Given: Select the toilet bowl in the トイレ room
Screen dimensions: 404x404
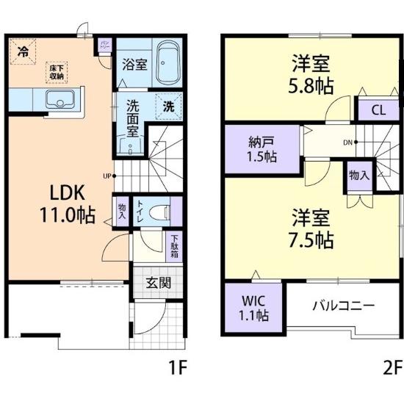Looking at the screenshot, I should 157,211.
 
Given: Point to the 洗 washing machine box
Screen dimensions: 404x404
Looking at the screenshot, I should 168,106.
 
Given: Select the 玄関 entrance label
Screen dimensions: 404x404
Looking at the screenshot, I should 156,283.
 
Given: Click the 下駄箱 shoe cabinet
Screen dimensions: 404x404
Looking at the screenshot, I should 174,245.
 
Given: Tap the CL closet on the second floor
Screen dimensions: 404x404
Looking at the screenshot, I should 378,112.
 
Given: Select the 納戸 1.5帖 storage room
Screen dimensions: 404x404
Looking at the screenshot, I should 261,150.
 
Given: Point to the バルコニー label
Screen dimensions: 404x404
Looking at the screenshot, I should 343,305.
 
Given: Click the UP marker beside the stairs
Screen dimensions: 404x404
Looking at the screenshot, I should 108,176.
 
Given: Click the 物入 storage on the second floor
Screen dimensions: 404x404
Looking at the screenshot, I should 358,176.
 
